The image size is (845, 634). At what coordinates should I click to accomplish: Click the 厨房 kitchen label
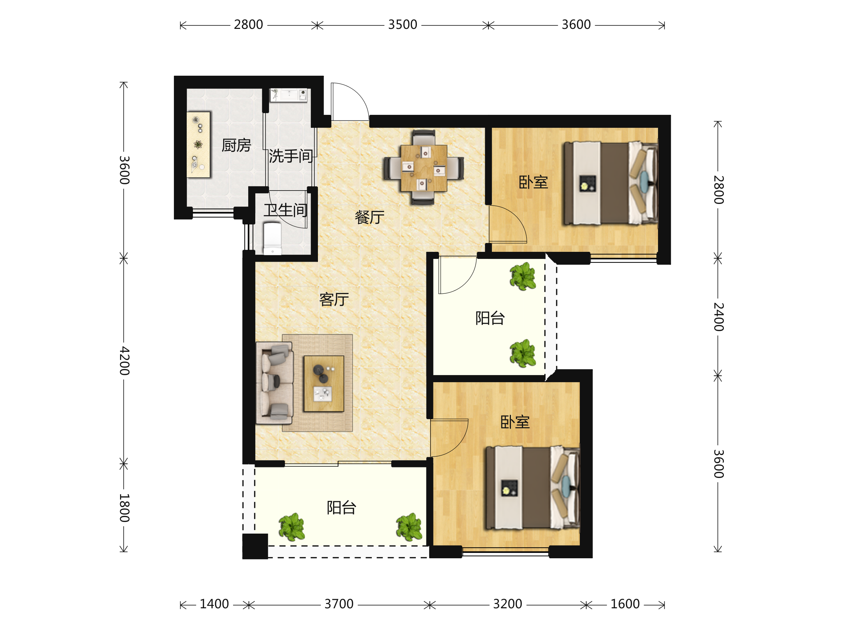click(236, 145)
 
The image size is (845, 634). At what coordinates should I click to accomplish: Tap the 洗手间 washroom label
click(291, 156)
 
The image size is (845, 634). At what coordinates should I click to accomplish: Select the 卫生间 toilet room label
click(285, 210)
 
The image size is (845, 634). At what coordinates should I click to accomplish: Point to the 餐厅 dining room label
click(369, 217)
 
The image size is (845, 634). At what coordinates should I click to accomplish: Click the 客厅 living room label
click(334, 300)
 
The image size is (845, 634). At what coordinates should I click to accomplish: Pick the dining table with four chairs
click(424, 167)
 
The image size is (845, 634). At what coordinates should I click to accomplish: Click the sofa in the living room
click(275, 383)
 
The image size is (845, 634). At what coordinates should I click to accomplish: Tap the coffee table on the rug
click(324, 384)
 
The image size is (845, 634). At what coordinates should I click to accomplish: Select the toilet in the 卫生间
click(273, 239)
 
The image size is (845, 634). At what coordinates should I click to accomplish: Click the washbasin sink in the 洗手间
click(288, 95)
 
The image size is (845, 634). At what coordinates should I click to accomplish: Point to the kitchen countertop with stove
click(198, 145)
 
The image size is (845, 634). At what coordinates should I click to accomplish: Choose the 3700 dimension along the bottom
click(339, 604)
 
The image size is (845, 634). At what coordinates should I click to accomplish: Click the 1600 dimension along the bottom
click(625, 604)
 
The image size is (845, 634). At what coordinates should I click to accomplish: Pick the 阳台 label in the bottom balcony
click(342, 508)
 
